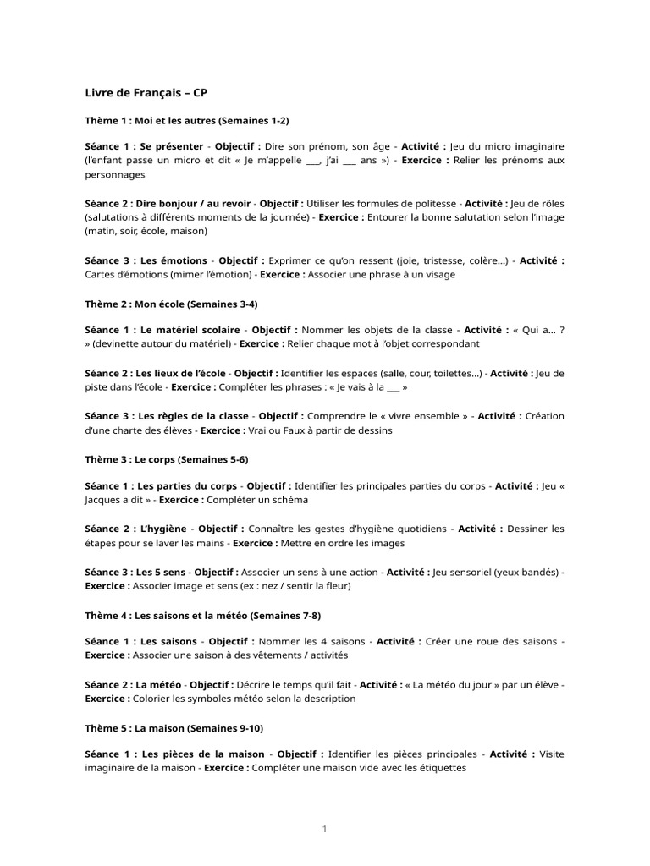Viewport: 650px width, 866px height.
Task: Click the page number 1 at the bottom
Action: [x=324, y=829]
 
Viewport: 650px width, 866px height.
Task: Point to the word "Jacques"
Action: [x=103, y=501]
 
